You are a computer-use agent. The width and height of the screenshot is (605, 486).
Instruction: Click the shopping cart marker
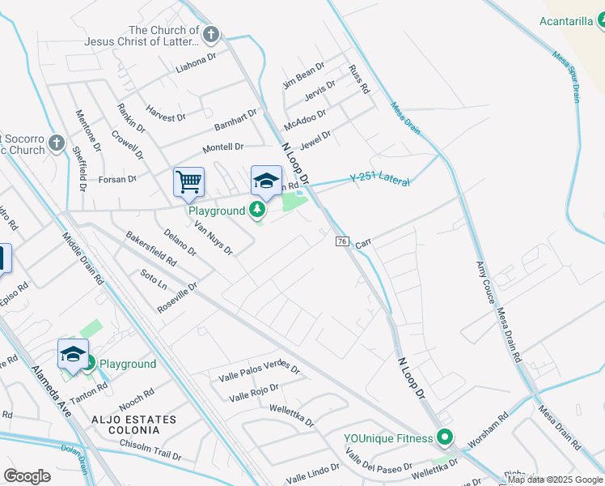[x=188, y=181]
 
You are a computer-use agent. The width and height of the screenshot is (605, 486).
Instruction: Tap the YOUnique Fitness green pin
[x=445, y=438]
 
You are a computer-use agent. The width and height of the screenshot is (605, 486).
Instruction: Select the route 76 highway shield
[x=342, y=242]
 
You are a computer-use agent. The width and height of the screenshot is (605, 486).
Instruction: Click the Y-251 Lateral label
[x=379, y=179]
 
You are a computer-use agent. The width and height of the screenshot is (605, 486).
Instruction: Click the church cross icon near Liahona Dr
[x=211, y=34]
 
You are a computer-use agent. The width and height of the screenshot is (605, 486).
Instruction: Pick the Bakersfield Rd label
[x=151, y=249]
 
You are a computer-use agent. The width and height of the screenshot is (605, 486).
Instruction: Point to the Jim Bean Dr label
[x=303, y=75]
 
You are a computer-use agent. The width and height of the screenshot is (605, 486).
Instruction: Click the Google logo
[x=27, y=475]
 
